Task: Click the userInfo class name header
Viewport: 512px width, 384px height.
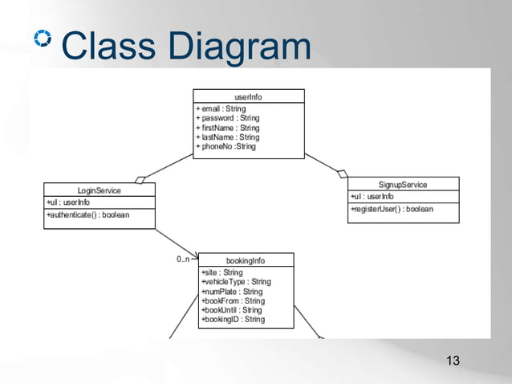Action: (248, 96)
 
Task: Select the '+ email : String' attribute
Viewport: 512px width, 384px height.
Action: (221, 108)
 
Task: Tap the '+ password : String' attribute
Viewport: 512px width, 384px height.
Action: (228, 118)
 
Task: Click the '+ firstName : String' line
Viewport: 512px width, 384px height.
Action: (228, 128)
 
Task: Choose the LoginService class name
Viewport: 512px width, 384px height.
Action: (99, 190)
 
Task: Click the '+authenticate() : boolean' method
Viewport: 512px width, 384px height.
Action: (88, 215)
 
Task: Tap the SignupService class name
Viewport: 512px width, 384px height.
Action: (403, 185)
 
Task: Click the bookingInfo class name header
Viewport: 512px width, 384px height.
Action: (246, 260)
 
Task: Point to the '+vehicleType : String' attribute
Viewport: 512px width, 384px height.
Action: (236, 282)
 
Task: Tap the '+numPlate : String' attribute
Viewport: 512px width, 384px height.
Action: (232, 292)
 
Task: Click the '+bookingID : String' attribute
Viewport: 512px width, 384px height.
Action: (233, 320)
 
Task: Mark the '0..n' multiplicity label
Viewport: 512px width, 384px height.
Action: (183, 259)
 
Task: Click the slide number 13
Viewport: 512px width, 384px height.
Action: (453, 361)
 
